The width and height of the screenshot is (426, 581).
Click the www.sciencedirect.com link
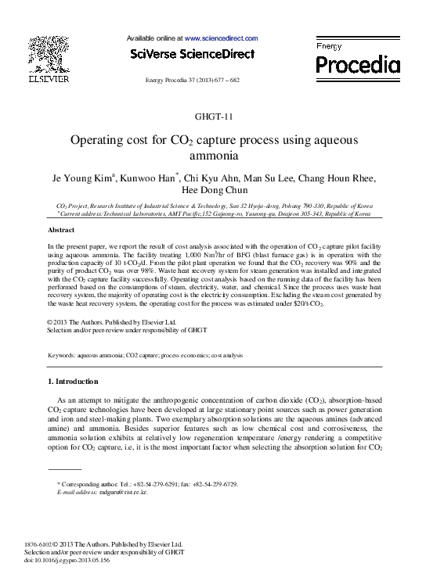point(222,38)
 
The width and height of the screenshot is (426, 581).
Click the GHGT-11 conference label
point(213,117)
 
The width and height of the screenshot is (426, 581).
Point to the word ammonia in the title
point(213,156)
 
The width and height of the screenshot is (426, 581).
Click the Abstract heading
point(61,231)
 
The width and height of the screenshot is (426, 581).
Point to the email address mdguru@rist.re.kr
point(120,493)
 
